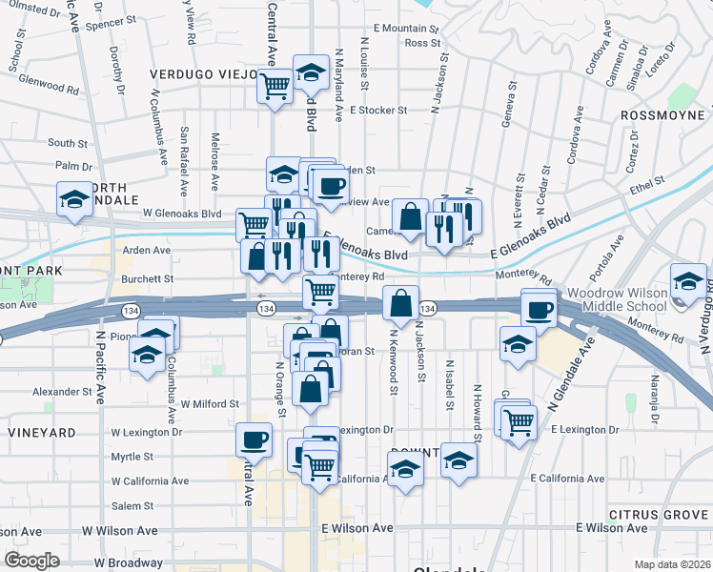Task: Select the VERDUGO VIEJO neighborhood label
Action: [203, 73]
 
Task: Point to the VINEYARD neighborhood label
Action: [41, 433]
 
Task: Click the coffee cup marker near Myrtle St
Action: [254, 439]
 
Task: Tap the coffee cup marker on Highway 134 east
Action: [540, 309]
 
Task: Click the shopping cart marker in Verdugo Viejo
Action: [275, 87]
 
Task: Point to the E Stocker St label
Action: [377, 111]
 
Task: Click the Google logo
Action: [31, 561]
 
